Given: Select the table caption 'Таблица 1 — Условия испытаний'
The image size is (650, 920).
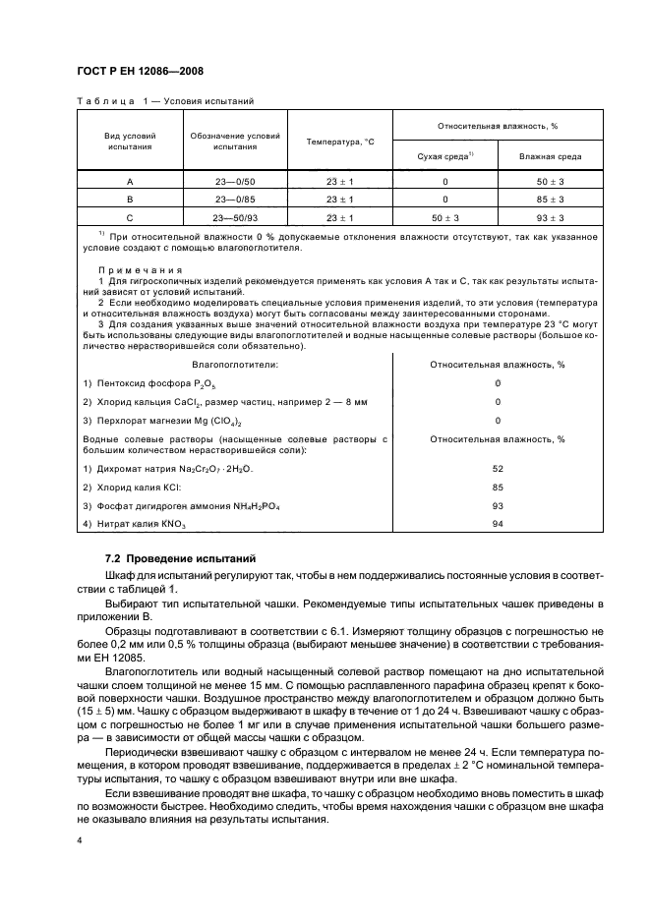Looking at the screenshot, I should coord(164,101).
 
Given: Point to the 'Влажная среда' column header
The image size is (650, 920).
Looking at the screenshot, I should coord(550,156).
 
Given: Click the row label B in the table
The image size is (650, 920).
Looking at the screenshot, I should coord(130,200).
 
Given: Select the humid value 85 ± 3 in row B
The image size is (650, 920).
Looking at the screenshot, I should coord(550,200).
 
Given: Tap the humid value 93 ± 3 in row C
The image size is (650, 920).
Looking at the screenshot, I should coord(550,217).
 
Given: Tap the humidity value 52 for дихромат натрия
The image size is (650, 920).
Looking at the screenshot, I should coord(498,468).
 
